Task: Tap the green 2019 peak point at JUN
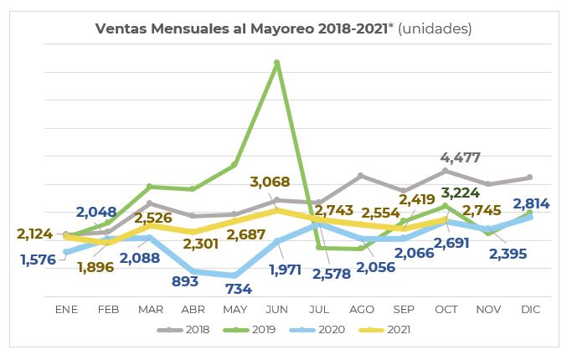[276, 62]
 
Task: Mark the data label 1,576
[39, 260]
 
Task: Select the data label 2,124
[35, 234]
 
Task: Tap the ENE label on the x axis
[66, 309]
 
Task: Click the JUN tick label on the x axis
[276, 309]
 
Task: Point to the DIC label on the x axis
[530, 309]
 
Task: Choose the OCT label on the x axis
[446, 309]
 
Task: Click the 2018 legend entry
[186, 329]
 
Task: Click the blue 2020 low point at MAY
[234, 275]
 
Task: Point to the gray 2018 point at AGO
[360, 176]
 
